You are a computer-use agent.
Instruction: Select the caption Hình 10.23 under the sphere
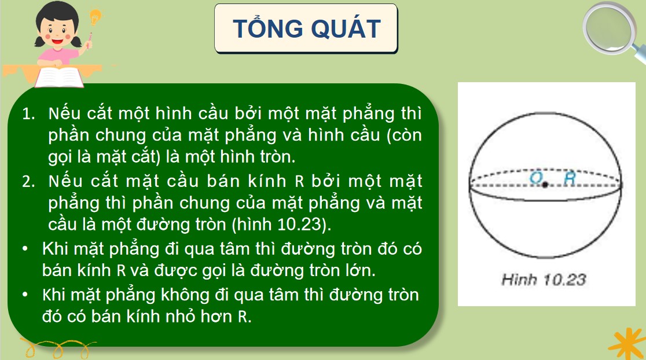(x=544, y=281)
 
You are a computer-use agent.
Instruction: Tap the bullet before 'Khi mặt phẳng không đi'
(x=25, y=294)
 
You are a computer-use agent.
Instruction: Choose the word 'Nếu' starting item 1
(x=64, y=113)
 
